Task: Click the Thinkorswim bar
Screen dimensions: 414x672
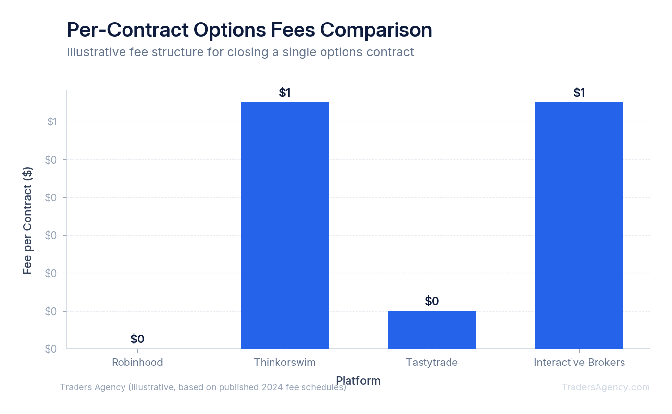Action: [284, 225]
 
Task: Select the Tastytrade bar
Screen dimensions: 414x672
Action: [431, 330]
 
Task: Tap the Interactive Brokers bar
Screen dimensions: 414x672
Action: [579, 225]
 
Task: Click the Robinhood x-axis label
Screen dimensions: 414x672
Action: [137, 363]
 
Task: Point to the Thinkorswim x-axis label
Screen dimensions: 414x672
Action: [284, 363]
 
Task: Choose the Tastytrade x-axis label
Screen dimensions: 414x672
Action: [431, 363]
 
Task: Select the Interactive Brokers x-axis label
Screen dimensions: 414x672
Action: [579, 363]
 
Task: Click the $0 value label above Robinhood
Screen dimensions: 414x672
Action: [137, 339]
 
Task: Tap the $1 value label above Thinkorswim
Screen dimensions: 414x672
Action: [284, 93]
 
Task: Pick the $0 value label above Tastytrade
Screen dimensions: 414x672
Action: [431, 301]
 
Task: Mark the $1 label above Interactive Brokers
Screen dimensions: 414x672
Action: [579, 93]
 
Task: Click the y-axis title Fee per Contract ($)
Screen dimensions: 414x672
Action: [28, 220]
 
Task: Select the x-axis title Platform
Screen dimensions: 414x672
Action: [358, 381]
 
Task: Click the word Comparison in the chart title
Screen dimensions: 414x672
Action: [376, 30]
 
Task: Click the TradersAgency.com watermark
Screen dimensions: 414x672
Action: [605, 387]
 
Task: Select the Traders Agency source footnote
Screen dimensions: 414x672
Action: [203, 387]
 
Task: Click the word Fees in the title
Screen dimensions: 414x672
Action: [292, 30]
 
